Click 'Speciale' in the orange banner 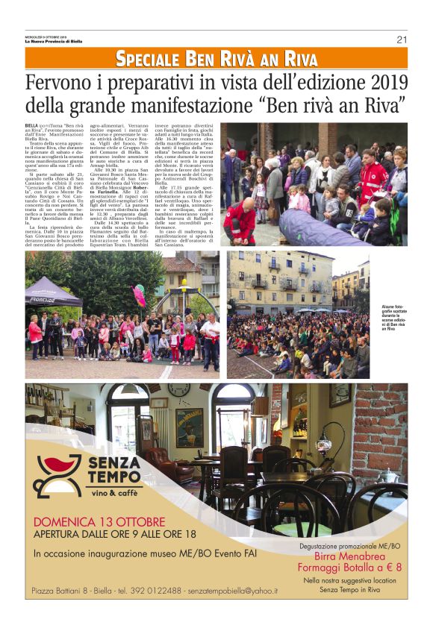click(x=148, y=60)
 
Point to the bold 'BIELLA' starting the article click(x=32, y=127)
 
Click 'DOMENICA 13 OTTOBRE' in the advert click(x=99, y=521)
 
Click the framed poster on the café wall click(x=189, y=427)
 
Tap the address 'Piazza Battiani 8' click(x=65, y=591)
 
